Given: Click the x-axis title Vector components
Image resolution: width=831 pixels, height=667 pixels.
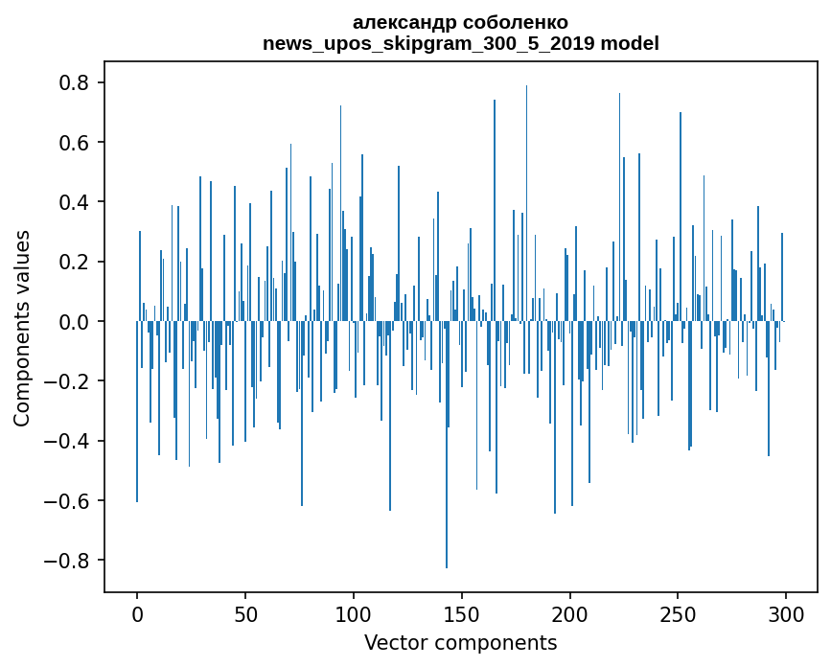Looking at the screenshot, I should pyautogui.click(x=460, y=642).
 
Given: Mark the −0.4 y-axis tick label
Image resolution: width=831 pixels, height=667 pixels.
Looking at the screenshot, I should pyautogui.click(x=68, y=441).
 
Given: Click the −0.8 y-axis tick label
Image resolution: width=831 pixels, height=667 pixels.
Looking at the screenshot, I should pyautogui.click(x=68, y=561).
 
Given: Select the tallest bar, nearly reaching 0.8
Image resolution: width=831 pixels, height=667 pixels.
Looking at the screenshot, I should pyautogui.click(x=526, y=192).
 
